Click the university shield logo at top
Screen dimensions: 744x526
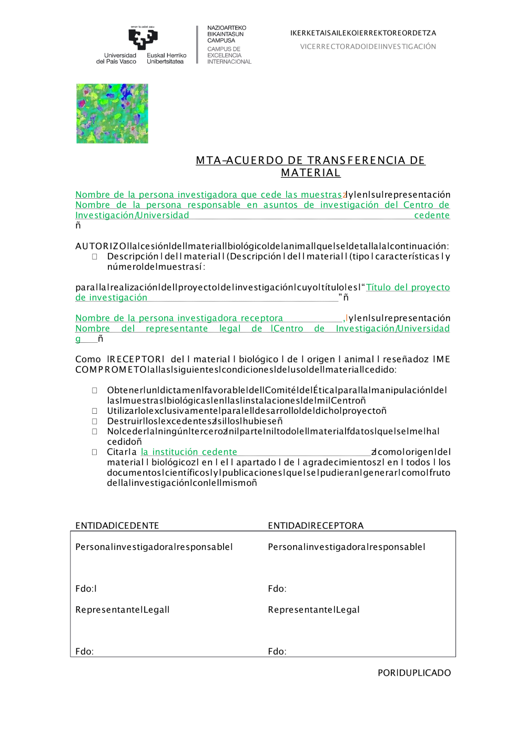143,39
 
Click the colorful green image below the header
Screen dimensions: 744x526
112,114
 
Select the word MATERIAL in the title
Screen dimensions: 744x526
310,173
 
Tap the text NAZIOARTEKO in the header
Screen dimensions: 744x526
227,28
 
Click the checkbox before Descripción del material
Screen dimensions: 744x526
95,257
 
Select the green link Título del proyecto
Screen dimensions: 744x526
408,287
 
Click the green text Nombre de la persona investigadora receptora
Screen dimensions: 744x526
179,318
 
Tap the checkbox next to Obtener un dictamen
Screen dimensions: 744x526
95,390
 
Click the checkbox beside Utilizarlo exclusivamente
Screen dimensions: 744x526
95,411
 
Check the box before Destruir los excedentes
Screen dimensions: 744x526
95,421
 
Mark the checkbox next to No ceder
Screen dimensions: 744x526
95,431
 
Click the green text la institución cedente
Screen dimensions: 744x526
189,452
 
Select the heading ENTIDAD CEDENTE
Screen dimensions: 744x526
117,526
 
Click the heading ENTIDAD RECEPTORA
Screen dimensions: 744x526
316,526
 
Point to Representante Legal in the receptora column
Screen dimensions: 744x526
313,610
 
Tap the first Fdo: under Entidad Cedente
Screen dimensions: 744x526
85,589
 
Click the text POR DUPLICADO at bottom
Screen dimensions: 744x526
414,673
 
